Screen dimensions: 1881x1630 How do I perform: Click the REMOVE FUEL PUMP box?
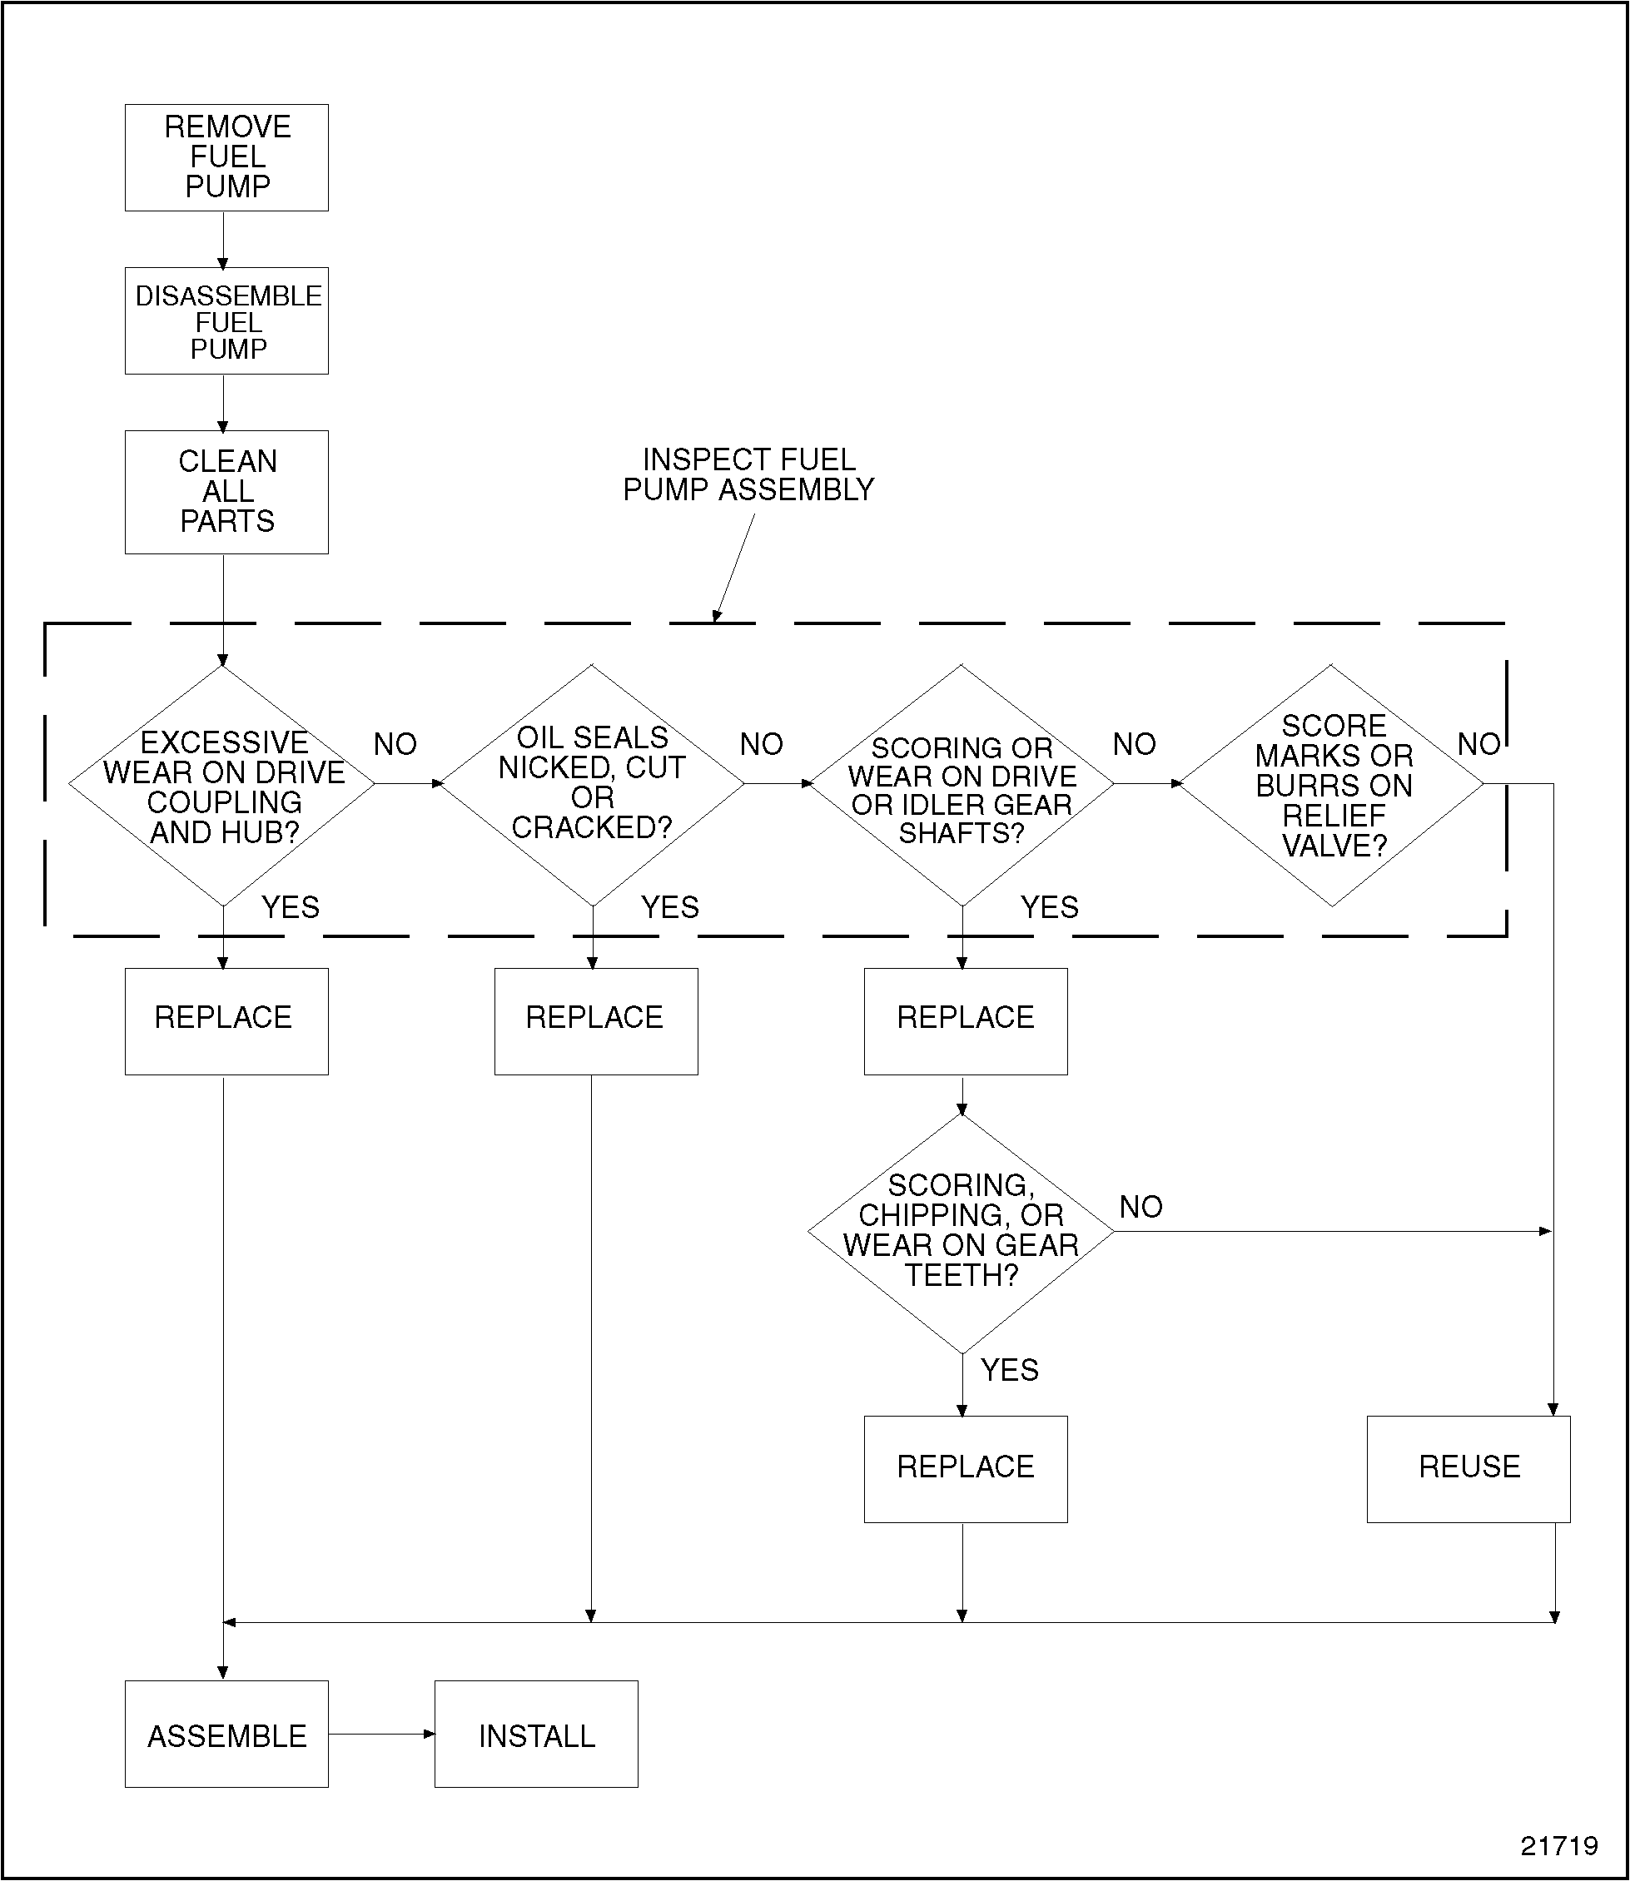tap(226, 157)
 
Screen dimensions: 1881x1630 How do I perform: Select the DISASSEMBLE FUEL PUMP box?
tap(226, 321)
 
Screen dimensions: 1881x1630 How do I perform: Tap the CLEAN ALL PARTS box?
tap(226, 492)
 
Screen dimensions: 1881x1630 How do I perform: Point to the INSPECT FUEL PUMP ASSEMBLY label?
tap(748, 474)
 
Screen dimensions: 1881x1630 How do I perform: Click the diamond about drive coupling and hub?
tap(223, 786)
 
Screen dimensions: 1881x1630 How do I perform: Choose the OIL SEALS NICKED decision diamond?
tap(592, 784)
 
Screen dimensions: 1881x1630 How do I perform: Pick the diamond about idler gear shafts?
tap(962, 786)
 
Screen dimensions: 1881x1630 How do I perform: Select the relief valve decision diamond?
tap(1332, 786)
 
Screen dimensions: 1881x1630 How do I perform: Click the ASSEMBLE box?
tap(226, 1735)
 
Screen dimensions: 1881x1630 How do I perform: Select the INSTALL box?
tap(537, 1735)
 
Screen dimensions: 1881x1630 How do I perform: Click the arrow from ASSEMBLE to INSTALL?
tap(381, 1735)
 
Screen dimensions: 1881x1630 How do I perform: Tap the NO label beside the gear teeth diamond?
tap(1141, 1207)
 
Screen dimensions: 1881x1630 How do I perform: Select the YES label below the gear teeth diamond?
tap(1010, 1370)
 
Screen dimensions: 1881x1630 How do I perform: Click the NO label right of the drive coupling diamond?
tap(395, 745)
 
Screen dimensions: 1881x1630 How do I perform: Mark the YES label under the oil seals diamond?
tap(670, 907)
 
